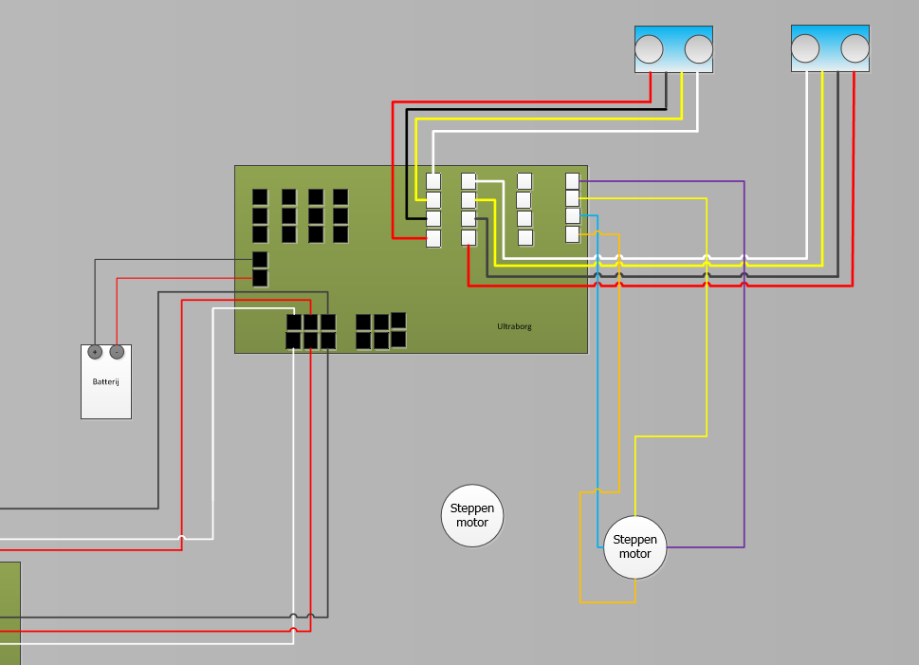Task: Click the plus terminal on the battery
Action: [x=95, y=352]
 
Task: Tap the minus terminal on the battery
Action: [x=117, y=352]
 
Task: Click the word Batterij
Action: [x=106, y=381]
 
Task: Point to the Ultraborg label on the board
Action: [x=514, y=326]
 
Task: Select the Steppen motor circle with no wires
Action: [x=472, y=516]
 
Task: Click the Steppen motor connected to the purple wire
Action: [x=635, y=547]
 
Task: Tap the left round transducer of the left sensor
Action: [x=649, y=48]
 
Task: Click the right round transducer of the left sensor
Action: [x=698, y=48]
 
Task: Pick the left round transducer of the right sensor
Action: [x=805, y=47]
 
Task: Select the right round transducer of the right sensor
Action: [x=855, y=47]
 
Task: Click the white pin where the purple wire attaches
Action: [x=572, y=180]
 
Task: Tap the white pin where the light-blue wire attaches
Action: [x=572, y=215]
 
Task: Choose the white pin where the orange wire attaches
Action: [x=572, y=233]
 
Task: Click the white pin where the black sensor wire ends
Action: [x=433, y=218]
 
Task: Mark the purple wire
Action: [x=744, y=379]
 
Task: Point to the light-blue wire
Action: [x=598, y=398]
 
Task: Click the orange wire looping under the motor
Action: [x=607, y=601]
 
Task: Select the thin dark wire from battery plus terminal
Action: [x=95, y=304]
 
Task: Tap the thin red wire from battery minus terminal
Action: [x=117, y=313]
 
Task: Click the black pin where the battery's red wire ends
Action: [x=260, y=278]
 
